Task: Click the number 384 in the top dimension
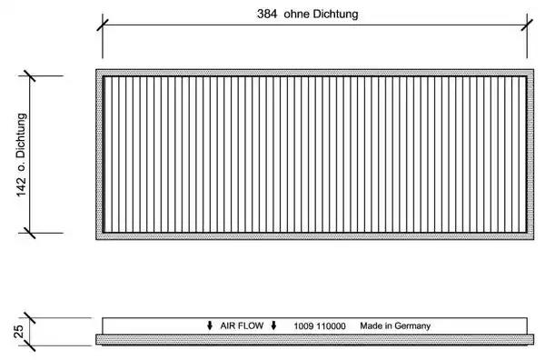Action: pyautogui.click(x=267, y=14)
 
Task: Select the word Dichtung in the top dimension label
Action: pyautogui.click(x=336, y=14)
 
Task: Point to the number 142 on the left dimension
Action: pyautogui.click(x=21, y=186)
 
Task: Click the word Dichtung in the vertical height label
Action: pyautogui.click(x=21, y=135)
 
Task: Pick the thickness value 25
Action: pyautogui.click(x=19, y=332)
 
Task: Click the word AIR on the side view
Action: pyautogui.click(x=227, y=326)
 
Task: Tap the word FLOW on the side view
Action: pyautogui.click(x=251, y=326)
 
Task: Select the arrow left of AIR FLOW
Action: pyautogui.click(x=210, y=325)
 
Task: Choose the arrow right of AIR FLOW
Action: pyautogui.click(x=273, y=325)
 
